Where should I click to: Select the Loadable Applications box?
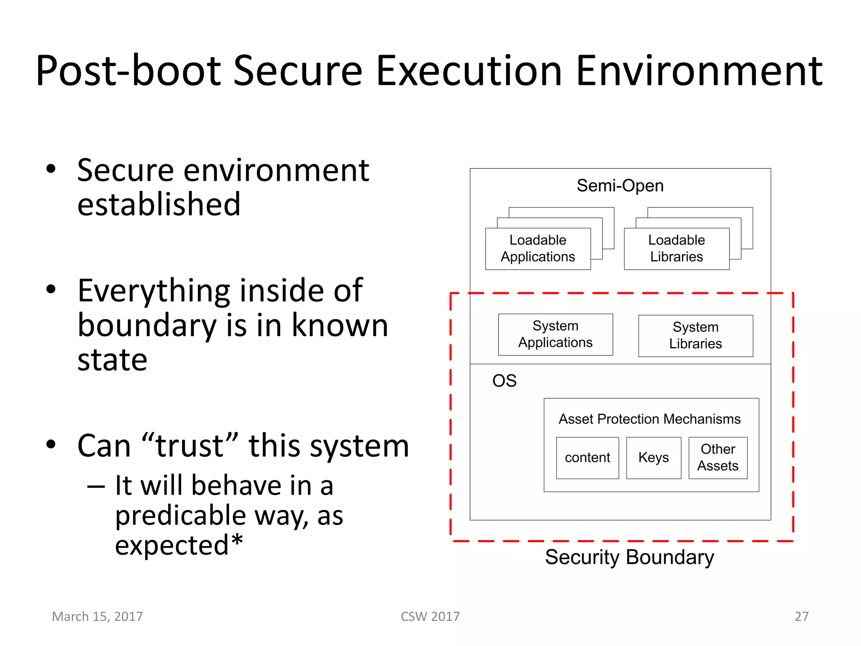538,249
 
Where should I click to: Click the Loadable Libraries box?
676,249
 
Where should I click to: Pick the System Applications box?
555,334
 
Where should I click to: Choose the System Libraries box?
695,336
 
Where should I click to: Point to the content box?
587,458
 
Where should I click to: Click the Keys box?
653,458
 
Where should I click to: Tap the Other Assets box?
718,458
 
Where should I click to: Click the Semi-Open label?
620,185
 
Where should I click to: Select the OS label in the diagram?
504,381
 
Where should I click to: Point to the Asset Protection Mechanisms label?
650,419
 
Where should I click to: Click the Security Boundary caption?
629,557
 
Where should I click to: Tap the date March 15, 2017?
97,617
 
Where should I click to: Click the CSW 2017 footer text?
430,617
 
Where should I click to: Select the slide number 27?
801,617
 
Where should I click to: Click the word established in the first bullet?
159,204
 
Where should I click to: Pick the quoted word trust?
190,446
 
